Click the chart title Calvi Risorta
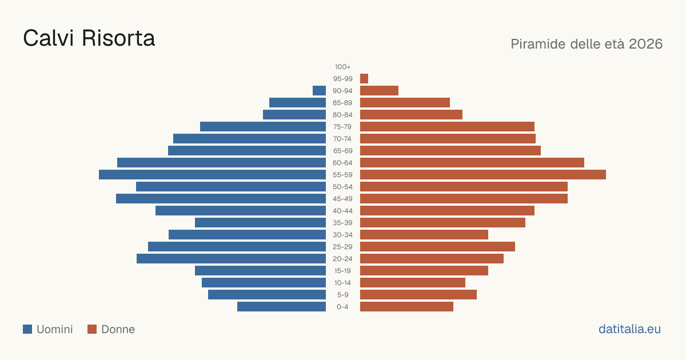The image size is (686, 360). click(x=89, y=38)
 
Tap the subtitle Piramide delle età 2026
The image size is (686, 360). click(x=587, y=44)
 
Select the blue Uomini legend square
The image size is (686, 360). click(x=27, y=329)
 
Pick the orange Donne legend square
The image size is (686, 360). click(x=92, y=329)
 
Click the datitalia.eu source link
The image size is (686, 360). click(x=629, y=329)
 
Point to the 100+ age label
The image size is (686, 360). click(x=342, y=67)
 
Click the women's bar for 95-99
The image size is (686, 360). click(x=364, y=79)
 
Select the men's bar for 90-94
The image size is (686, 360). click(x=319, y=91)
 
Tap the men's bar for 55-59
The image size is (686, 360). click(x=212, y=174)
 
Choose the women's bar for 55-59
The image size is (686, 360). click(x=483, y=174)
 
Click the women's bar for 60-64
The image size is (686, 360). click(x=472, y=162)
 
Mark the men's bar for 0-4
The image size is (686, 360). click(x=281, y=307)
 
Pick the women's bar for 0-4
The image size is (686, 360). click(x=406, y=307)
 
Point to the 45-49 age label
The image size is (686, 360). click(x=342, y=199)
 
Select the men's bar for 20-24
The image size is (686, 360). click(x=231, y=259)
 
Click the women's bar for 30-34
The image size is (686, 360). click(x=424, y=235)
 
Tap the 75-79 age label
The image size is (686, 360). click(x=342, y=127)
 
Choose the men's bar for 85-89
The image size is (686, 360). click(x=298, y=102)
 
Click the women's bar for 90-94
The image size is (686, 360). click(x=379, y=91)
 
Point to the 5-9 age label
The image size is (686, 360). click(x=342, y=295)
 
